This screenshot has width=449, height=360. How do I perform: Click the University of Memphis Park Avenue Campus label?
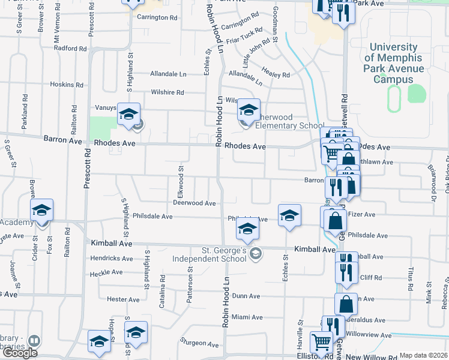point(394,63)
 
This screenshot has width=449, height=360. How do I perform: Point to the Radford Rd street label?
point(70,48)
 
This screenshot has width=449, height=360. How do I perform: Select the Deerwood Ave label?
point(194,203)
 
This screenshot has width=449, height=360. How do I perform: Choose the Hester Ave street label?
point(123,299)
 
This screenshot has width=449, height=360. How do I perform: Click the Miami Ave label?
point(247,317)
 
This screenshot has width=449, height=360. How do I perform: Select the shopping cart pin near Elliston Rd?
point(321,343)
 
